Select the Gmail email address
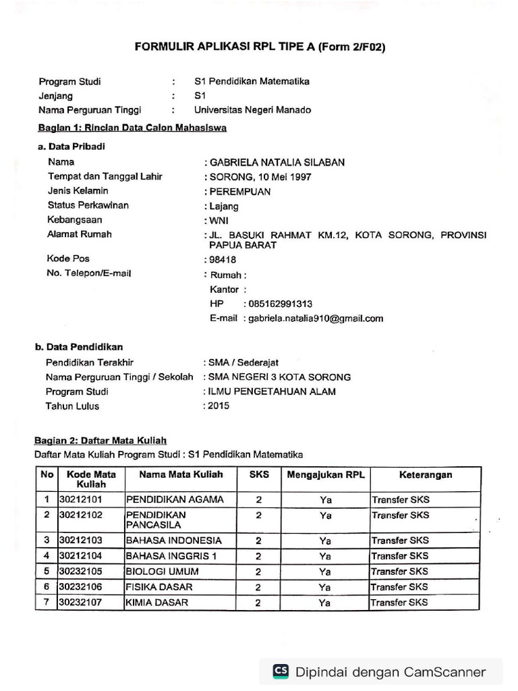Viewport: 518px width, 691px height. coord(316,319)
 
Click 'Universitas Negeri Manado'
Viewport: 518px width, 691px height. coord(252,110)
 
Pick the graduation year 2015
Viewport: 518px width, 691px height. coord(219,406)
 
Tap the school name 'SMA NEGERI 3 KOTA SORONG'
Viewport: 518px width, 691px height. coord(280,377)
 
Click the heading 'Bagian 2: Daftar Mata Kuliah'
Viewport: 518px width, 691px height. coord(100,440)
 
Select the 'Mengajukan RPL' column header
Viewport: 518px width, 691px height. coord(326,475)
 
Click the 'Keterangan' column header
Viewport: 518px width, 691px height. coord(425,475)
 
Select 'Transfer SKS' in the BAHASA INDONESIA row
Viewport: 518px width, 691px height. coord(400,541)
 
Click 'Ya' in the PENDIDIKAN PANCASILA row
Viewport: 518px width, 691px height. coord(326,516)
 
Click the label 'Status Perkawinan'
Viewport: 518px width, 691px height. coord(88,205)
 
